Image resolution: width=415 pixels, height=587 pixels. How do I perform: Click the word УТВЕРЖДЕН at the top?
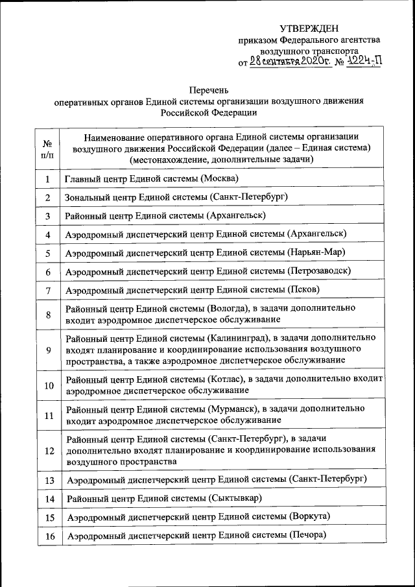click(309, 28)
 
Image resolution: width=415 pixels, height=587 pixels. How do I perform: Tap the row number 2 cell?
click(48, 197)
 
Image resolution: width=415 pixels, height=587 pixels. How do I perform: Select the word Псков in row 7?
click(305, 289)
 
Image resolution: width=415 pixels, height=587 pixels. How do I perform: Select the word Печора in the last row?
click(307, 535)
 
